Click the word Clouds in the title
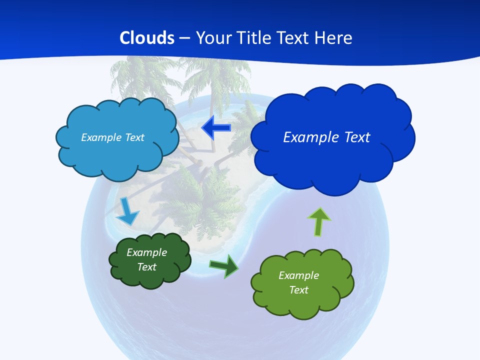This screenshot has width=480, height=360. coord(147,38)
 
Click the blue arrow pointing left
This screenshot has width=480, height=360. coord(216,128)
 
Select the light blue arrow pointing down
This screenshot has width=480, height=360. coord(127,212)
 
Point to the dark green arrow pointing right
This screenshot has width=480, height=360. coord(224,265)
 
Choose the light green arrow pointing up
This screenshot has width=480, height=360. coord(319,221)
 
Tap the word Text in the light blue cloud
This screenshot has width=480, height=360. coord(134,137)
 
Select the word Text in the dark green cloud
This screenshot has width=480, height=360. coord(146,267)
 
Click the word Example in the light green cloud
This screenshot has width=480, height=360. coord(298,275)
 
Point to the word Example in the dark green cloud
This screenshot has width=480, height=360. coord(146,252)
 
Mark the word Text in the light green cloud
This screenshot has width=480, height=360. coord(298,290)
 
